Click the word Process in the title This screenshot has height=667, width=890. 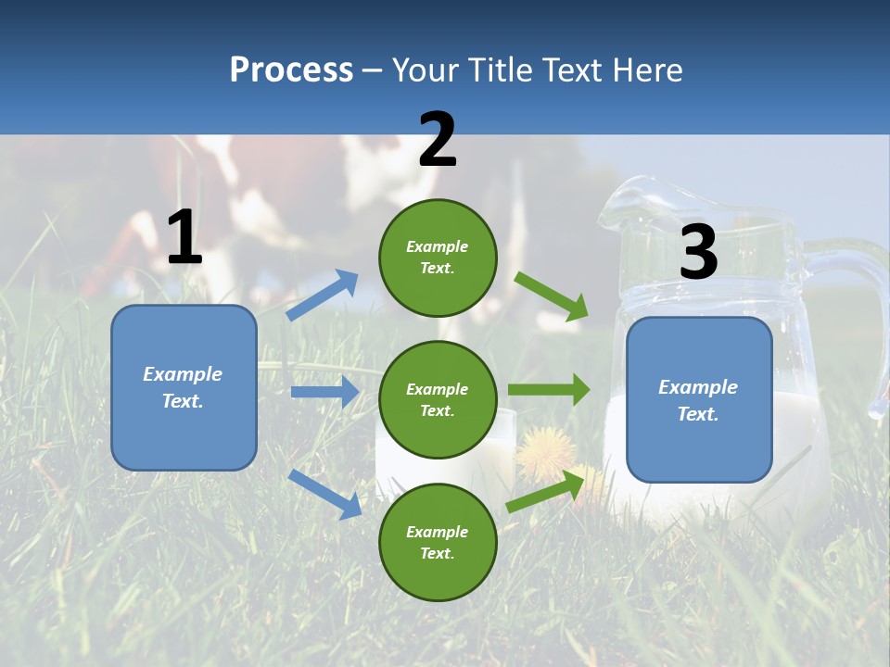(291, 69)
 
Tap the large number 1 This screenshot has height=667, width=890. (184, 238)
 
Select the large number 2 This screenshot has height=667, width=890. (438, 140)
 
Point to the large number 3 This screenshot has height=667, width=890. (698, 253)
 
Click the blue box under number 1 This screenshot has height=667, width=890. (184, 387)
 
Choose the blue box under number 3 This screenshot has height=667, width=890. (699, 400)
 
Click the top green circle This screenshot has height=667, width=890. (438, 258)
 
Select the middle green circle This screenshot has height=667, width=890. (438, 399)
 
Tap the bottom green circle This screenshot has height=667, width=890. (438, 542)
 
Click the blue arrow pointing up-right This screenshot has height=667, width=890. (322, 296)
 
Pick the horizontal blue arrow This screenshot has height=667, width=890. (324, 392)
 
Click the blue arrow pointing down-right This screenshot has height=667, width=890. (324, 494)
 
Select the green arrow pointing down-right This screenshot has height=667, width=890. (551, 296)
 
